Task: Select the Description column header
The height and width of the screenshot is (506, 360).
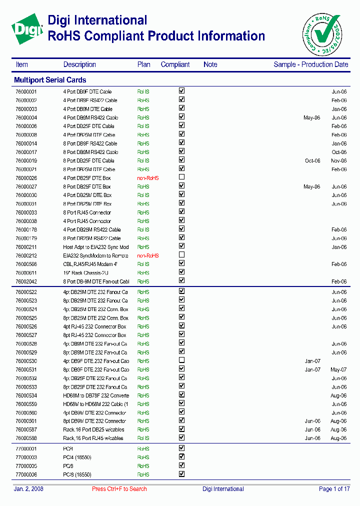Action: click(79, 64)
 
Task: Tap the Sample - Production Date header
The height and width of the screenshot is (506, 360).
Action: click(310, 64)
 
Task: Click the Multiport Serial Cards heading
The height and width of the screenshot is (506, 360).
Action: click(50, 80)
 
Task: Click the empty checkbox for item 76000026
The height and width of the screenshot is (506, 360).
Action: click(182, 177)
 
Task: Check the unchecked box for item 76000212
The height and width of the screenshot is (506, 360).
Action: click(182, 254)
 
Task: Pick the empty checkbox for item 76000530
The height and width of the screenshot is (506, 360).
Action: click(182, 360)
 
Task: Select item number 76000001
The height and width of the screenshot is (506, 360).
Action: click(26, 92)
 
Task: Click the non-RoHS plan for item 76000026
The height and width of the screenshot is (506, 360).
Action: click(148, 178)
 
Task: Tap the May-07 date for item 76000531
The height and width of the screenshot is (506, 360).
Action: click(338, 369)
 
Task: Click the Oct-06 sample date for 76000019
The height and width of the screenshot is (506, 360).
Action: click(312, 161)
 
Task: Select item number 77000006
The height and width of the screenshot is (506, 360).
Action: click(26, 474)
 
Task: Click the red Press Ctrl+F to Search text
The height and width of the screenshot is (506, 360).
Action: click(119, 489)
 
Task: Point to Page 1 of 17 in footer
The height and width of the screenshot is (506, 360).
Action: click(334, 489)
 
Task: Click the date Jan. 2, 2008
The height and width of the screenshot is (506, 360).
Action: click(28, 489)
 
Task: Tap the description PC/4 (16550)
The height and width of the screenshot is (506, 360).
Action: click(77, 457)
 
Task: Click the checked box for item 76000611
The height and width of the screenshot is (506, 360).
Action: click(182, 272)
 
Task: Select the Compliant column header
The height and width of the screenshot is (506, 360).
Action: click(175, 64)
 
